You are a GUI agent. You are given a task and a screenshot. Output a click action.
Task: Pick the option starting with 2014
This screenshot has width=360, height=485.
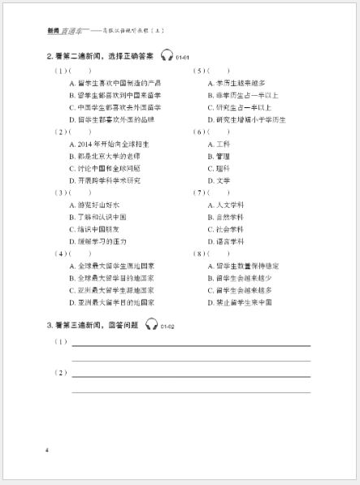[105, 144]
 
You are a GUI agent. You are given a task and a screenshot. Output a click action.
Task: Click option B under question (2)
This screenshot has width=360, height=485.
[102, 156]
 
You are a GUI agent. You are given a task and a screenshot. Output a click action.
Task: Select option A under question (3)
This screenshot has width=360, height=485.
[94, 205]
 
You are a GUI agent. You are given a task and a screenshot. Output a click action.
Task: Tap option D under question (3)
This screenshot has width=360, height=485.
[98, 241]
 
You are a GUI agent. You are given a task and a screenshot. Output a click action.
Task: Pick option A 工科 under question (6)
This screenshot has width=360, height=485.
[219, 144]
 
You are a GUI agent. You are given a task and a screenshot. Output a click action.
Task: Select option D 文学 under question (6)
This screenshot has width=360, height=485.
[219, 180]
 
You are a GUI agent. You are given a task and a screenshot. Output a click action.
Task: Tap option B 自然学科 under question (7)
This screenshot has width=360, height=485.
[226, 217]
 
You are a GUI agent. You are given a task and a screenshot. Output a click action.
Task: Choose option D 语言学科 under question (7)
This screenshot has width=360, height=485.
[226, 241]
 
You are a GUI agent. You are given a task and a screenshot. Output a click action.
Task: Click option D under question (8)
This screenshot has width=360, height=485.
[239, 301]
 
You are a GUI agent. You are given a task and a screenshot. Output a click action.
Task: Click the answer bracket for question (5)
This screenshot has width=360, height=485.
[217, 71]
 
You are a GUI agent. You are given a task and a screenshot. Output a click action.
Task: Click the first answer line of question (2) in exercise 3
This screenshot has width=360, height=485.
[191, 375]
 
